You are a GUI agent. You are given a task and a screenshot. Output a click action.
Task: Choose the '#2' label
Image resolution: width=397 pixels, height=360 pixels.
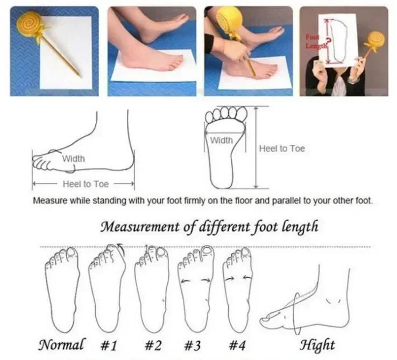click(x=153, y=344)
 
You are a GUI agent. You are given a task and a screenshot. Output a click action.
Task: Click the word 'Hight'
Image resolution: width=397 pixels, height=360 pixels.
click(x=317, y=344)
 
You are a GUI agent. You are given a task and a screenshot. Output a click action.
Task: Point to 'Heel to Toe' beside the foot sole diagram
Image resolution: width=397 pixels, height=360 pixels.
click(x=281, y=148)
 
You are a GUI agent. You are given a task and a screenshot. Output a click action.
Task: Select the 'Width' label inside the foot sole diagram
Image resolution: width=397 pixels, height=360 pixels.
click(x=221, y=140)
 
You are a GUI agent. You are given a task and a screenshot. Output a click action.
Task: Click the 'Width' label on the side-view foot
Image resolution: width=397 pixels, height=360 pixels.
click(x=73, y=159)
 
